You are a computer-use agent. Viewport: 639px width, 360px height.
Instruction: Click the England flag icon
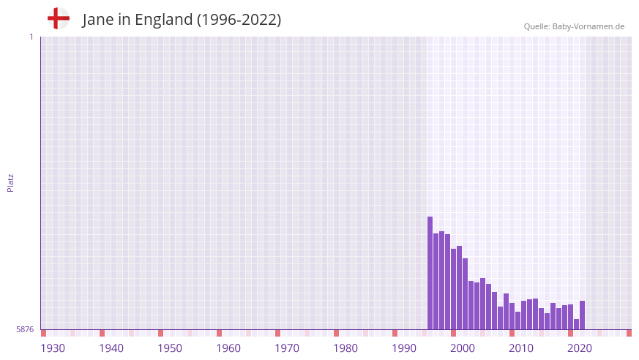[59, 18]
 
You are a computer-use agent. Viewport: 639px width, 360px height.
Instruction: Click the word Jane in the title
[98, 20]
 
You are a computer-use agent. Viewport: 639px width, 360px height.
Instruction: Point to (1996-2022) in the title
[239, 20]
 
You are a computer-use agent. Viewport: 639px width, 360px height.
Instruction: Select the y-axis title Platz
[10, 183]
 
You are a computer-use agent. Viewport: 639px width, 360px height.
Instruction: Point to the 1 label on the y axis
[31, 37]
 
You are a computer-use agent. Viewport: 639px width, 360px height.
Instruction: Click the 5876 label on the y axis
[25, 330]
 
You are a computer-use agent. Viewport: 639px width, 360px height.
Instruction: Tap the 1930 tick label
[53, 348]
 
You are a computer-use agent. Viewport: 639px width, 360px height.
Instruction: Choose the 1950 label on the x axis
[170, 348]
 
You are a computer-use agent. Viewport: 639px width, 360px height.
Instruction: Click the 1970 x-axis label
[287, 348]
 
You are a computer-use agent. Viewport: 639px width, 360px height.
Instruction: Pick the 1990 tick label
[404, 348]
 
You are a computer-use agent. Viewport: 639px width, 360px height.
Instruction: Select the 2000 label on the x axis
[463, 348]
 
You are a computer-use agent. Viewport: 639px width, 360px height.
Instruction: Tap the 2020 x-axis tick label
[580, 348]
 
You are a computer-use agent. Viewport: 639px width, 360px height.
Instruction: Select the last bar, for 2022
[583, 315]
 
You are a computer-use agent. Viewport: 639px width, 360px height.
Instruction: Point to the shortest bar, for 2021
[577, 324]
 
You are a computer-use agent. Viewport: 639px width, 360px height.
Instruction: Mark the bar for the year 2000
[454, 289]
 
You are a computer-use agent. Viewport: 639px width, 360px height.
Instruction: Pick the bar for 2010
[512, 316]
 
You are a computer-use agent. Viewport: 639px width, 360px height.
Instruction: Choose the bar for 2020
[571, 317]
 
